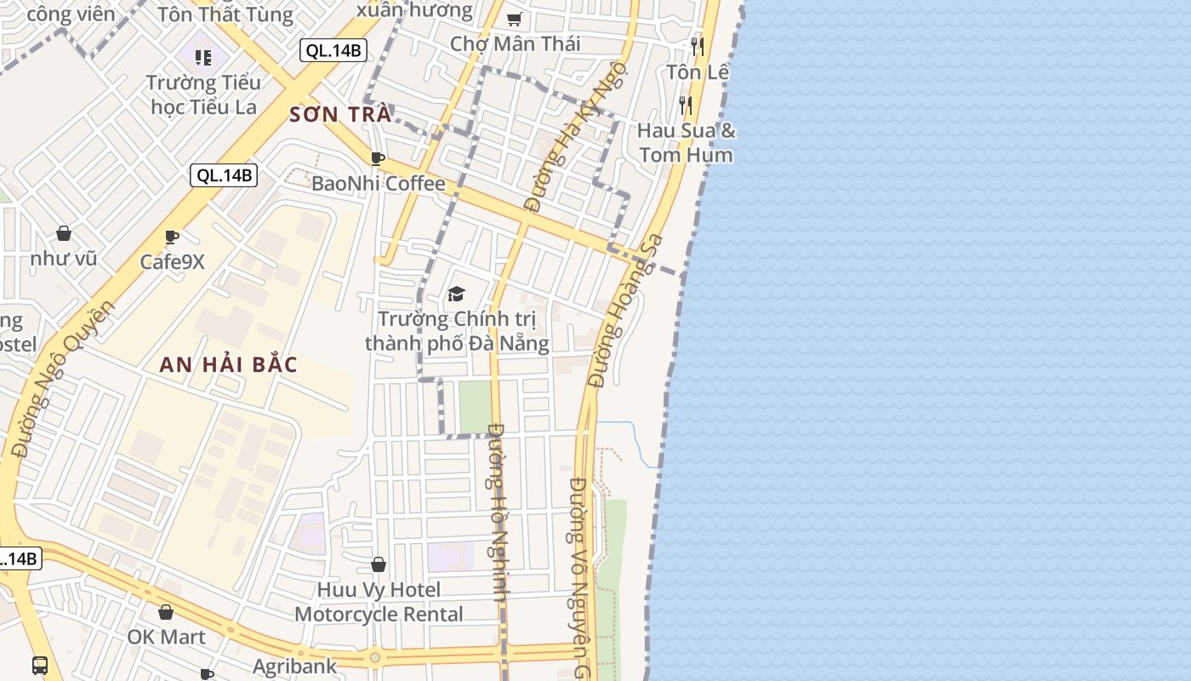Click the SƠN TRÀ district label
340,114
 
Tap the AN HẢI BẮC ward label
228,364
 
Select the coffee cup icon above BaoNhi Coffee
378,158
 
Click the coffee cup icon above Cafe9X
172,236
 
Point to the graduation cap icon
457,294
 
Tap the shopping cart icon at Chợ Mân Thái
514,19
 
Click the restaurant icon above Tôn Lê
698,46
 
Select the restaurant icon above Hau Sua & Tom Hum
686,105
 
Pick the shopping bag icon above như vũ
64,232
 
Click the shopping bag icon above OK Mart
166,611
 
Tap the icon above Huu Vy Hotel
379,564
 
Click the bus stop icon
40,664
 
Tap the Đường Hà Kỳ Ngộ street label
575,136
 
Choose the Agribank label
294,666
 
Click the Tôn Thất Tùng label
225,14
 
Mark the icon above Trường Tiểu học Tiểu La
202,57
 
